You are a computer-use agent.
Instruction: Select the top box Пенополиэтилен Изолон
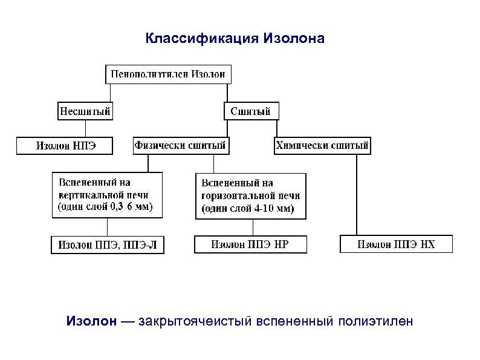pos(169,74)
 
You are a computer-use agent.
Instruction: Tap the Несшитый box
pos(85,111)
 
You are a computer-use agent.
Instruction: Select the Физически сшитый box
pos(181,145)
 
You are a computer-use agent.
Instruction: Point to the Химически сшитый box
pos(322,145)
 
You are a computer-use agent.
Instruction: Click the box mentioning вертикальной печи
pos(107,195)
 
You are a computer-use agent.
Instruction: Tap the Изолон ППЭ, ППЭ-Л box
pos(108,245)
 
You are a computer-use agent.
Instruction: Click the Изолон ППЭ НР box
pos(250,244)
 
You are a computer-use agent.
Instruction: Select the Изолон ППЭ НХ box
pos(396,244)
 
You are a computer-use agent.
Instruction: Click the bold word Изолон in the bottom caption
pos(91,321)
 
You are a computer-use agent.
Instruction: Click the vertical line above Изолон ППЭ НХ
pos(356,194)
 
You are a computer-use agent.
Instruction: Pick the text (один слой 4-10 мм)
pos(246,209)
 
